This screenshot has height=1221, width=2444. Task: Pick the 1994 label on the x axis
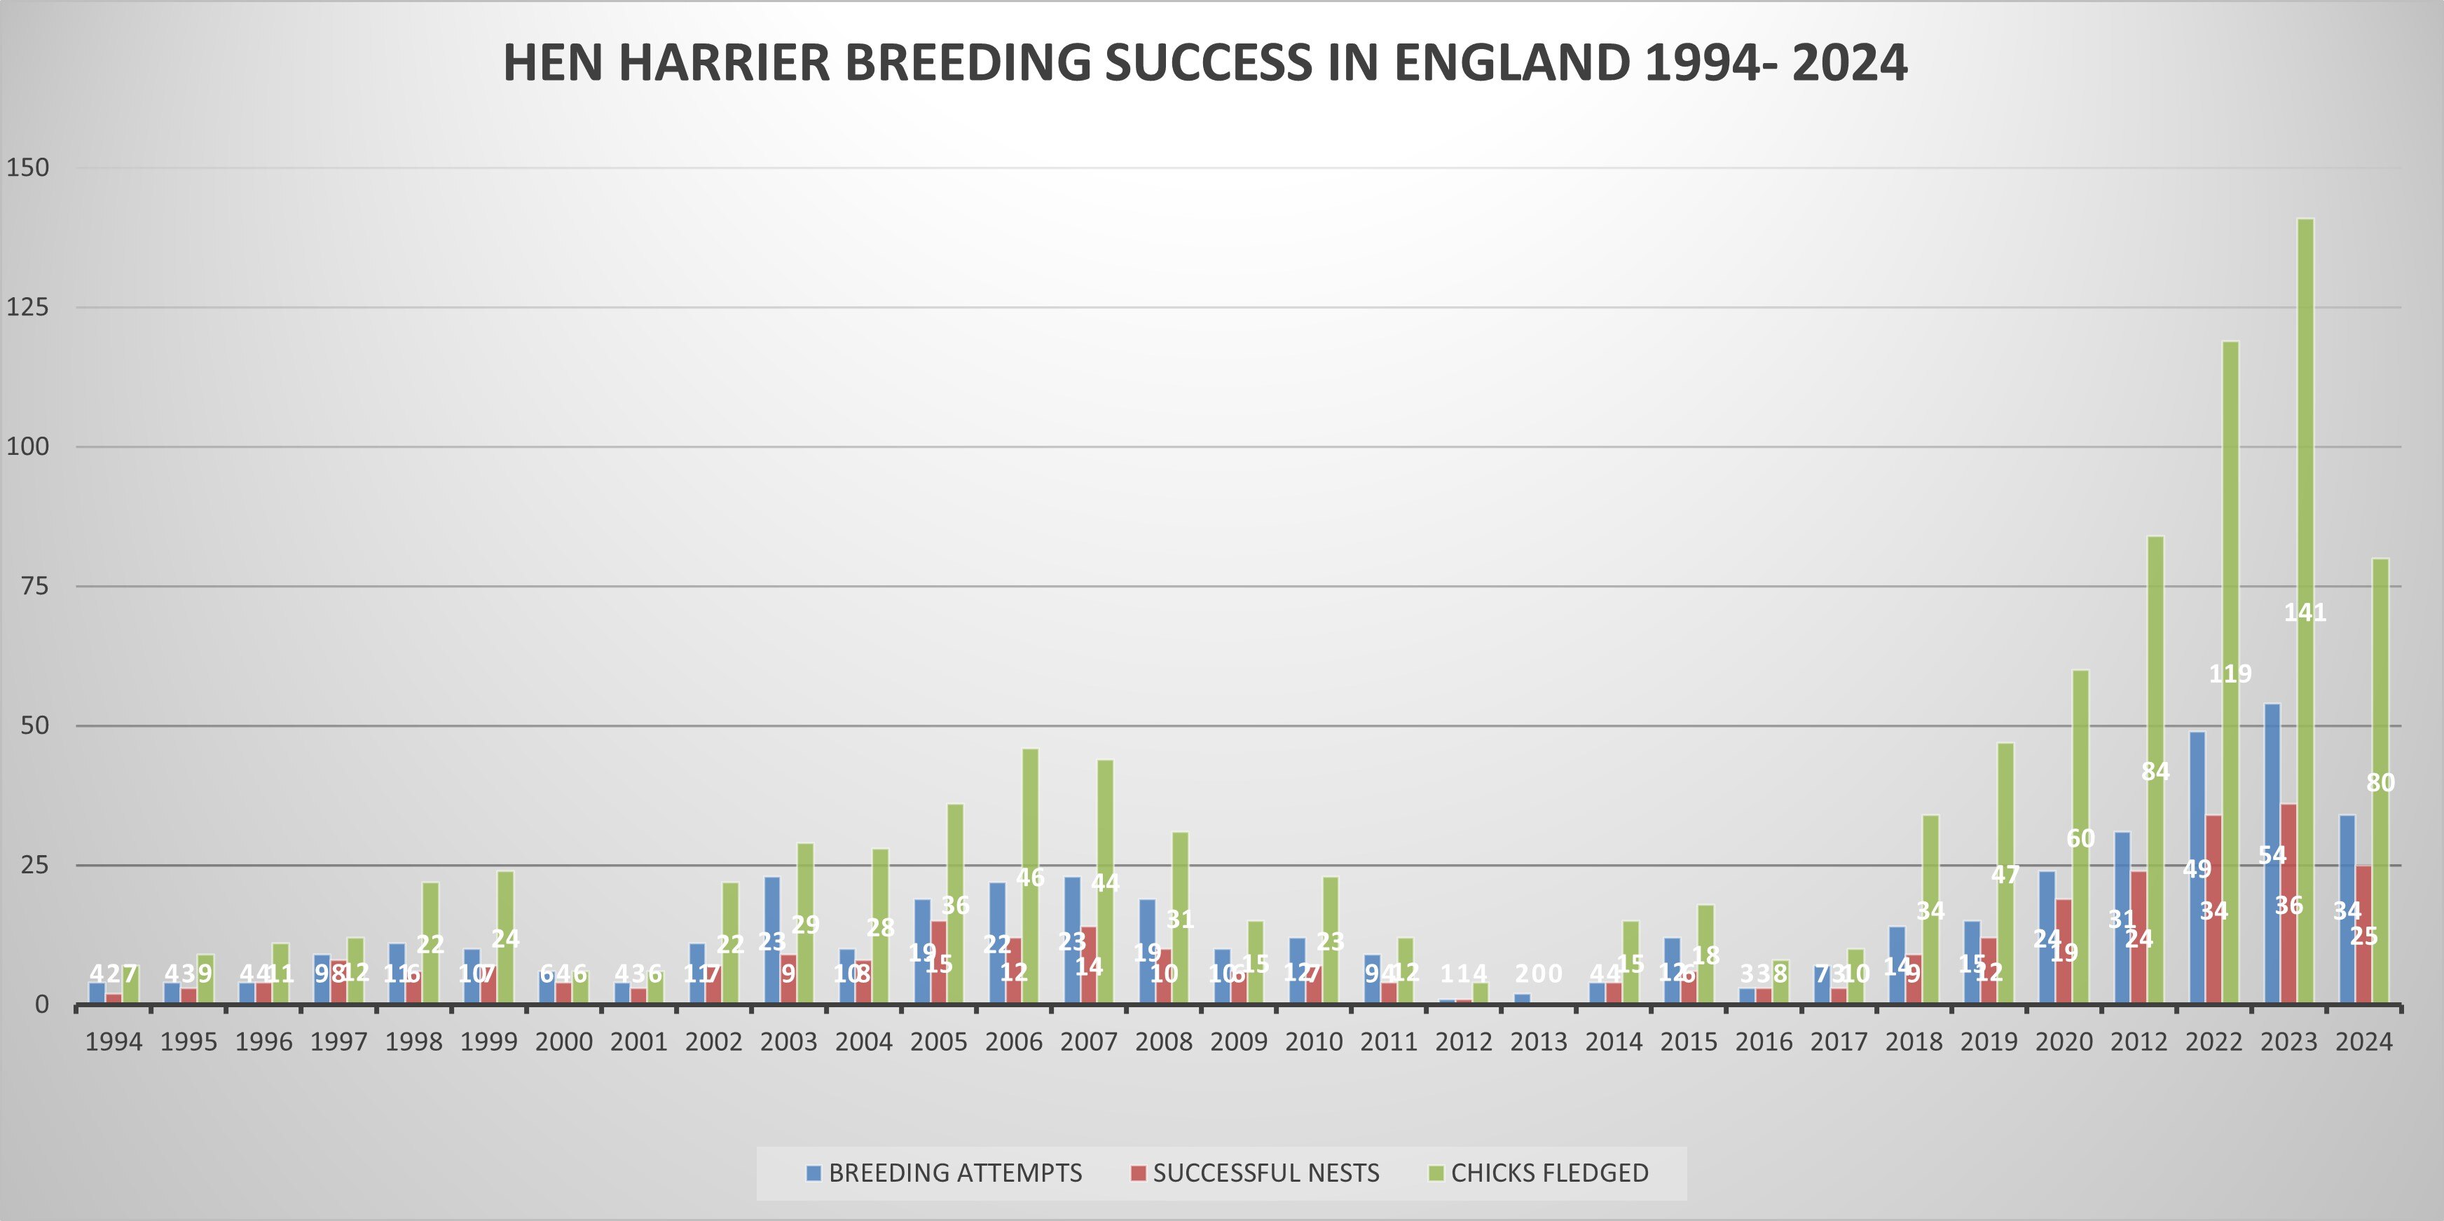coord(114,1042)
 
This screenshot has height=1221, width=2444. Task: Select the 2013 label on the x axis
coord(1539,1042)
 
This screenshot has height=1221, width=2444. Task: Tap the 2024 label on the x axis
coord(2364,1042)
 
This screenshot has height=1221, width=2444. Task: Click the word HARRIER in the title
coord(724,62)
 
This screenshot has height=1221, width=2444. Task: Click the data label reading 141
coord(2305,613)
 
